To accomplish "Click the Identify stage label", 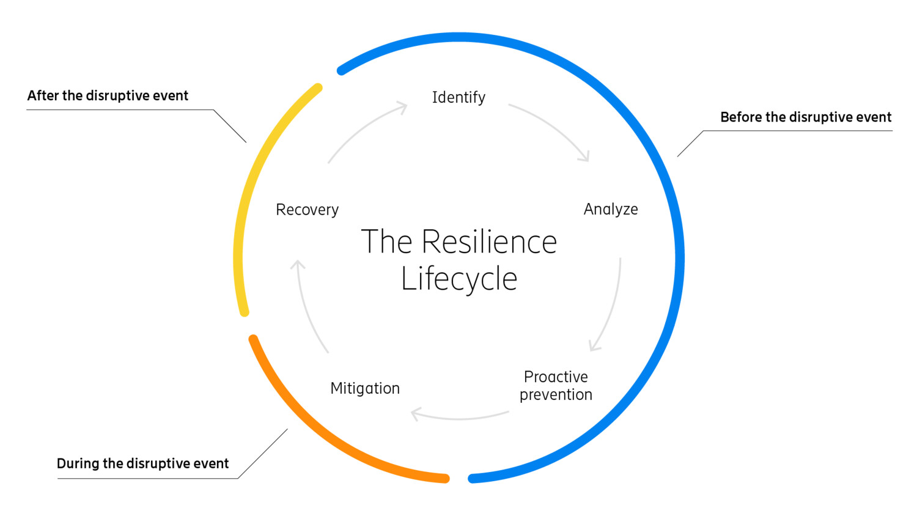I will tap(458, 98).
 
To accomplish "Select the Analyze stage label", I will tap(610, 210).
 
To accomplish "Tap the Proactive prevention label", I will tap(556, 385).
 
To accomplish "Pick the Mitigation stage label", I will tap(365, 389).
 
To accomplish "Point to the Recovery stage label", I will tap(307, 210).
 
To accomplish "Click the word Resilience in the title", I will tap(489, 242).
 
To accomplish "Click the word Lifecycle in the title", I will tap(459, 279).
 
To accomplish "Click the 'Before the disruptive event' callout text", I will tap(806, 117).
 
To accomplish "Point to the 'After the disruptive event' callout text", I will tap(108, 96).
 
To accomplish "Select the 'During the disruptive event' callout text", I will tap(142, 464).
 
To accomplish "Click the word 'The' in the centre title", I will tap(386, 242).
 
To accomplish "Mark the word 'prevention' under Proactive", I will tap(556, 395).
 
